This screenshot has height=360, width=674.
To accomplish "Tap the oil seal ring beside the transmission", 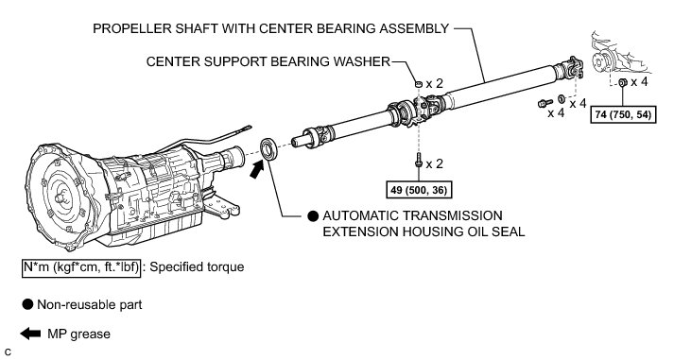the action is coord(269,148).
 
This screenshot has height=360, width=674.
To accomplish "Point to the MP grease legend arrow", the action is coord(30,334).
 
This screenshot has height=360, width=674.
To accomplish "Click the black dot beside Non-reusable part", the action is coord(27,304).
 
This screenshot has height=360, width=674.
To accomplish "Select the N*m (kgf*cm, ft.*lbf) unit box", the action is coord(81,267).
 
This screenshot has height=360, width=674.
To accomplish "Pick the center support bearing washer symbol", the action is coord(419,83).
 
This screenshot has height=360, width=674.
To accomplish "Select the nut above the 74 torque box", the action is coord(622,82).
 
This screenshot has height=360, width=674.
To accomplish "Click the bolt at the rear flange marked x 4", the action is coord(545,103).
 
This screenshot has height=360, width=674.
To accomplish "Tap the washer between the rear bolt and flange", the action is coord(562,99).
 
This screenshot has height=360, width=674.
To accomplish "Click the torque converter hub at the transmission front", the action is coord(60,197).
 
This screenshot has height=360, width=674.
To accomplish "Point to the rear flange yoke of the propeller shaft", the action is coord(570,68).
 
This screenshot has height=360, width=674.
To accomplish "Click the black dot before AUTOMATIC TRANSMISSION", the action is coord(313,216).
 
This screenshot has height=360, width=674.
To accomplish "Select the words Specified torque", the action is coord(197,267).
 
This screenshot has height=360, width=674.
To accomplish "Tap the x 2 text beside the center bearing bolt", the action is coord(434,163).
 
